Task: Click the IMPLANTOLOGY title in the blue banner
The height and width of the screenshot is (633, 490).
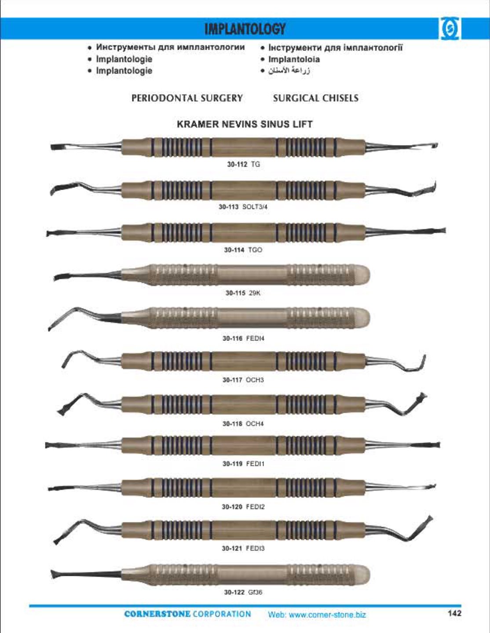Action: tap(245, 29)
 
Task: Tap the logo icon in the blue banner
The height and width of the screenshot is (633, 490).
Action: tap(449, 29)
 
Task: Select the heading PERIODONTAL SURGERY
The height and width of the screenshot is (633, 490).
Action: tap(187, 98)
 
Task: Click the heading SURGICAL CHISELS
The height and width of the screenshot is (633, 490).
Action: tap(316, 98)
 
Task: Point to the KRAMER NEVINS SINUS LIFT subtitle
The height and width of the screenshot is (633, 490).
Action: tap(245, 124)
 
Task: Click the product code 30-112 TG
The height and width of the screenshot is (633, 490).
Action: tap(244, 164)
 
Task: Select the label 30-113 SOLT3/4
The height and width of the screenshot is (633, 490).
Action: tap(243, 207)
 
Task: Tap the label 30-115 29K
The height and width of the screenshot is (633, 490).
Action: tap(243, 293)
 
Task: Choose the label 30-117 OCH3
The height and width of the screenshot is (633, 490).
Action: tap(243, 380)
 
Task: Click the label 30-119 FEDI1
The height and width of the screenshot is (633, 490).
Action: tap(243, 464)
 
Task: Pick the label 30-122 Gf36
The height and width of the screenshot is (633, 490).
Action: tap(243, 592)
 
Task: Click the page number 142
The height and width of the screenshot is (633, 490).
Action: tap(454, 613)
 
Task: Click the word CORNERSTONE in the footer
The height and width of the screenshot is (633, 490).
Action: tap(157, 614)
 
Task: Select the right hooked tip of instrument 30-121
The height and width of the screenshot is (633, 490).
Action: tap(429, 519)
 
